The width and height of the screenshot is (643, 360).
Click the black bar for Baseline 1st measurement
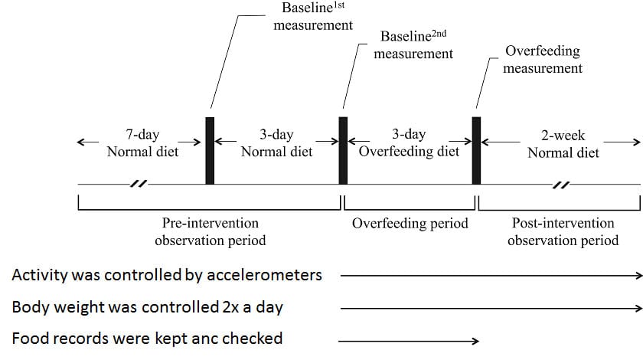(x=210, y=151)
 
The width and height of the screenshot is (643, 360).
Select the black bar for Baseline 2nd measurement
(x=343, y=151)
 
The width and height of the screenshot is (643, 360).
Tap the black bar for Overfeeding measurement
(x=476, y=151)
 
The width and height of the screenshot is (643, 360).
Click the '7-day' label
(x=142, y=135)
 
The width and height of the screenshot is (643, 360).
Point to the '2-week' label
(x=563, y=136)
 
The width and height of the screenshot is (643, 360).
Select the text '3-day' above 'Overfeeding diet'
(x=409, y=134)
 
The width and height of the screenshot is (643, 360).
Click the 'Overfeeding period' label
(x=410, y=224)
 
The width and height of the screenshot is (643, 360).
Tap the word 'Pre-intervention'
(x=211, y=223)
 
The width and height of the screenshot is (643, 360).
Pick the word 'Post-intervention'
(x=563, y=223)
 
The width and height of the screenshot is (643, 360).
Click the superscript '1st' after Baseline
(x=338, y=5)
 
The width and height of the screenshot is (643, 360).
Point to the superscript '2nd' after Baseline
(x=439, y=33)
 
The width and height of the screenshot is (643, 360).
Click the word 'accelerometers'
(x=265, y=275)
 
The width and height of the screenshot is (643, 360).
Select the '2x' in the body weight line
(x=230, y=307)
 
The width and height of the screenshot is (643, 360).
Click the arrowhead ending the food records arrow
(x=475, y=341)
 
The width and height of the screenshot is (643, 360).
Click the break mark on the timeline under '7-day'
(x=139, y=184)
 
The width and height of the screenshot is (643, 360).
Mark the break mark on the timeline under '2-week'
(x=561, y=185)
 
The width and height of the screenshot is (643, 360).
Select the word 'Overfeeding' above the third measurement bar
(x=543, y=51)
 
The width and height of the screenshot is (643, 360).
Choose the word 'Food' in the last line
(x=28, y=339)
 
